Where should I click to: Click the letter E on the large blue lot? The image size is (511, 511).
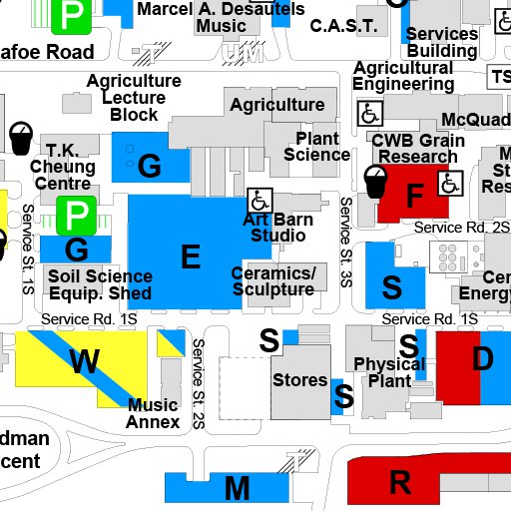[190, 257]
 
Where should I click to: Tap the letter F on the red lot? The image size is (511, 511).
[414, 197]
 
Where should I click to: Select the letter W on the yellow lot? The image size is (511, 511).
[84, 362]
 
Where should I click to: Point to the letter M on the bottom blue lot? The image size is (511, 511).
[237, 489]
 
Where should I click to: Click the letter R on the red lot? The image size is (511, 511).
[400, 483]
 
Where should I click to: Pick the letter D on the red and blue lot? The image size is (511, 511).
[482, 359]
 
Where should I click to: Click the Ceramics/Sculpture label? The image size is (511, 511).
[273, 281]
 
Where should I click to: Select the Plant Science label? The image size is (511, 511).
[317, 147]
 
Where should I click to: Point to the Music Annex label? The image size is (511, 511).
[153, 413]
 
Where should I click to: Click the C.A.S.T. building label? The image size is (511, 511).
[343, 25]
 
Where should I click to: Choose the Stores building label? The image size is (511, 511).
[299, 379]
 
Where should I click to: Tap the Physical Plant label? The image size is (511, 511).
[382, 371]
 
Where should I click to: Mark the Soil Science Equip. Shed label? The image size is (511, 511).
[100, 284]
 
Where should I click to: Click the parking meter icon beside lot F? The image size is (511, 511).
[375, 180]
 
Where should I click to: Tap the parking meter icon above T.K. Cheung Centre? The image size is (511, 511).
[19, 137]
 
